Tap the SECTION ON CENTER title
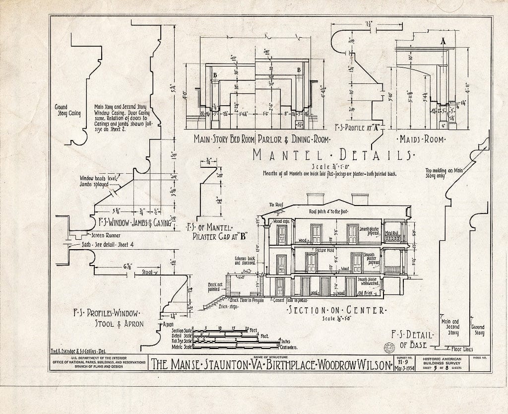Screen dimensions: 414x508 pyautogui.click(x=336, y=311)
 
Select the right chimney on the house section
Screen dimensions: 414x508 pyautogui.click(x=360, y=199)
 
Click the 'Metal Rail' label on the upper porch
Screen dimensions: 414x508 pyautogui.click(x=392, y=233)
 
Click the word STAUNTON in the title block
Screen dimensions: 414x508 pyautogui.click(x=212, y=365)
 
